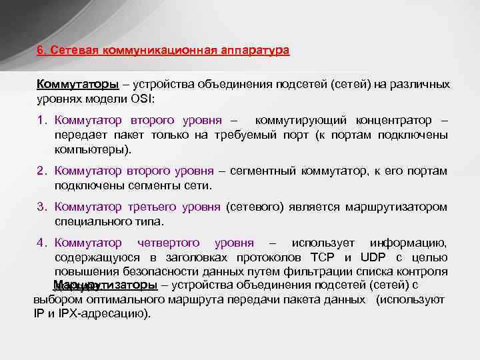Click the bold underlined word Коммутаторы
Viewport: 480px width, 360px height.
pyautogui.click(x=78, y=85)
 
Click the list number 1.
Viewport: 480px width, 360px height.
pyautogui.click(x=41, y=121)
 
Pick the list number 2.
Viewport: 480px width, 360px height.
pyautogui.click(x=41, y=172)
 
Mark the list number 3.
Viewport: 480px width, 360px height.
pyautogui.click(x=41, y=207)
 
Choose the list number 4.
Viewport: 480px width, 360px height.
pyautogui.click(x=41, y=243)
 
